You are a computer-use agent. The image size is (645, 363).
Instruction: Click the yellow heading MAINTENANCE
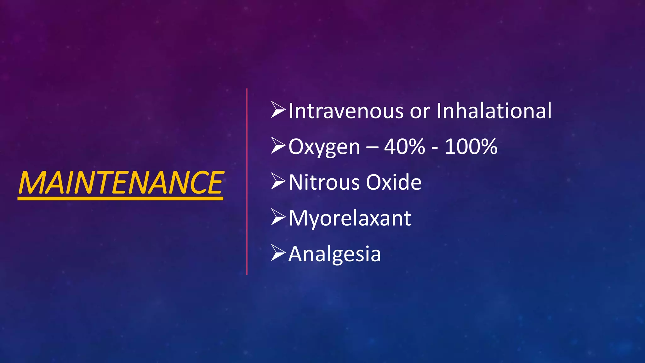click(x=121, y=183)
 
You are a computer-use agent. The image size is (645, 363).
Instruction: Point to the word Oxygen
click(x=324, y=147)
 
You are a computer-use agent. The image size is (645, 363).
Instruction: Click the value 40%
click(x=404, y=147)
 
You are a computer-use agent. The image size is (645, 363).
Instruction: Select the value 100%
click(x=471, y=147)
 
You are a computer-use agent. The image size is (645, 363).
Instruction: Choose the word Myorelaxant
click(x=350, y=218)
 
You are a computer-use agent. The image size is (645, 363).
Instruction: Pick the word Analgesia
click(x=334, y=254)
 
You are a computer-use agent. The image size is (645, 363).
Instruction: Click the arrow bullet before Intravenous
click(x=278, y=110)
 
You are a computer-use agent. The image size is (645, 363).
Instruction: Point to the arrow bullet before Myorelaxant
click(x=278, y=217)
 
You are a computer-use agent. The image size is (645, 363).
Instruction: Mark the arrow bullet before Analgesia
click(x=278, y=253)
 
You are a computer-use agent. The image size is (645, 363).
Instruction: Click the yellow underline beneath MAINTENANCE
click(x=120, y=199)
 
